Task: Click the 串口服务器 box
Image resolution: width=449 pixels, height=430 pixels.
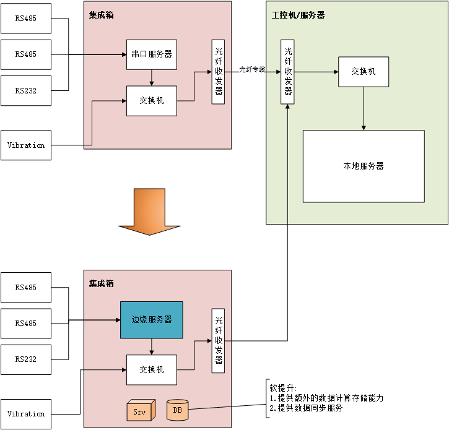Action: pos(152,54)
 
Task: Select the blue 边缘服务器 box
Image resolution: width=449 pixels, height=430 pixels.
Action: pos(152,320)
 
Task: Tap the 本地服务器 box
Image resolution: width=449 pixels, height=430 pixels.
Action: pos(364,166)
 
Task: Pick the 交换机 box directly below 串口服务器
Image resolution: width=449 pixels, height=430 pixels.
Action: pos(152,101)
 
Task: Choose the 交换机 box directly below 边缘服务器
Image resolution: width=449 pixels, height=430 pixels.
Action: pos(152,369)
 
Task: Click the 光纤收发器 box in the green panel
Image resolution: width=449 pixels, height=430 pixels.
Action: pos(288,72)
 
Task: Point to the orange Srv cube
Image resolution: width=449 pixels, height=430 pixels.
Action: pos(139,411)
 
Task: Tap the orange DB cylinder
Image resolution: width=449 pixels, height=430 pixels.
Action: pos(178,410)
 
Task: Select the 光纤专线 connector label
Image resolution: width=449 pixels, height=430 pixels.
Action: pos(253,69)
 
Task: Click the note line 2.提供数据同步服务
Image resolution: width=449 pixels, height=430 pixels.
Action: pos(306,408)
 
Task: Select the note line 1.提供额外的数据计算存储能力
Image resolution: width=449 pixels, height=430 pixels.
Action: pos(326,398)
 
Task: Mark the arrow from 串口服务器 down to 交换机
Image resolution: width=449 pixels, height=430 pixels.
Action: pos(152,77)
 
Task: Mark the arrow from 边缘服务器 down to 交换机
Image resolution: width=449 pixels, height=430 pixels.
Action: pos(152,346)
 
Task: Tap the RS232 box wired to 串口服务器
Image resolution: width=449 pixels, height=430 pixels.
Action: pos(26,90)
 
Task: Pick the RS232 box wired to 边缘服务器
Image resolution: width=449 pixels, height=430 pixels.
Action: pos(26,359)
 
